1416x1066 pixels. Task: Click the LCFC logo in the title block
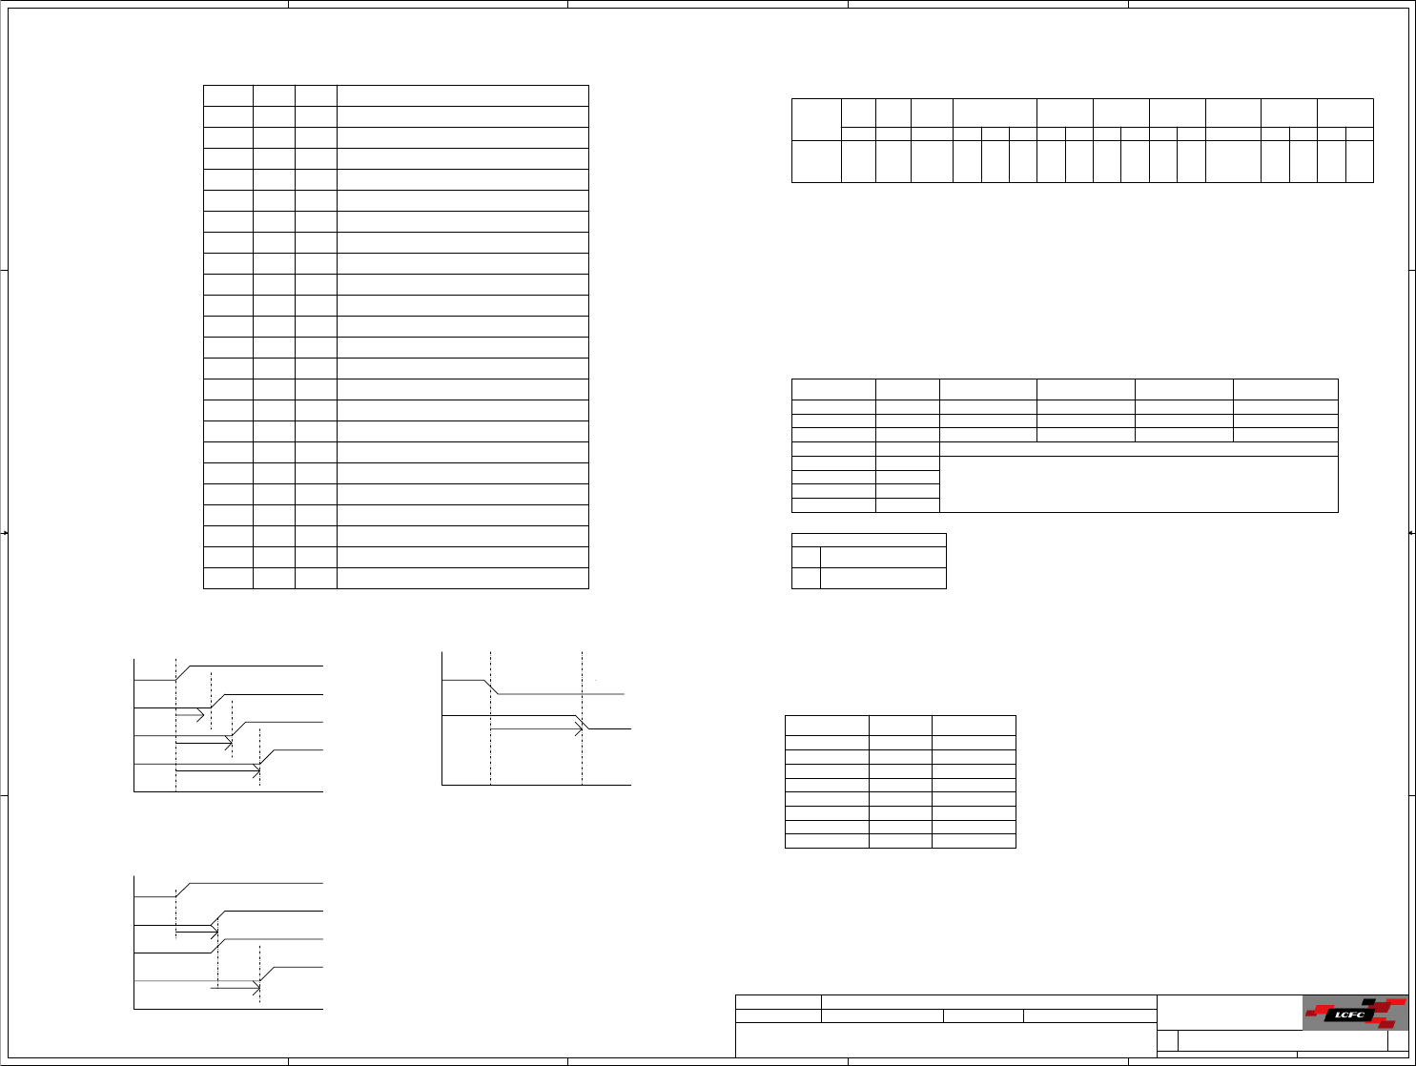1355,1014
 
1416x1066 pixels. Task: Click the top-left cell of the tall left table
228,95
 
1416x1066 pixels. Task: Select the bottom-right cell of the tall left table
462,578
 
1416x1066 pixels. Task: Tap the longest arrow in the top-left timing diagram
217,768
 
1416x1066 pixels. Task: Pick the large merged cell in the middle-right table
1139,484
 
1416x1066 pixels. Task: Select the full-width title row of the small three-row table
869,540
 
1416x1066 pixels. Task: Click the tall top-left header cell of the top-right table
816,119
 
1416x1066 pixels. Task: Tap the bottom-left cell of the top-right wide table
816,161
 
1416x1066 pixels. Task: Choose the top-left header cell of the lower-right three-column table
827,726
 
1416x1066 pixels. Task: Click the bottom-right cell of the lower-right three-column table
974,841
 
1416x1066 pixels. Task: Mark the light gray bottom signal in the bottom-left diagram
191,980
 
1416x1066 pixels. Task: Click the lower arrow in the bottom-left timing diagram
235,990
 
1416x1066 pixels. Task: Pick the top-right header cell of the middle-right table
1285,389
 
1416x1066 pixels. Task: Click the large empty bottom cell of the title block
945,1039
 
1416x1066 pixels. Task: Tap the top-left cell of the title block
778,1002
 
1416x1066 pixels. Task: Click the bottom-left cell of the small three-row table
806,578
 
